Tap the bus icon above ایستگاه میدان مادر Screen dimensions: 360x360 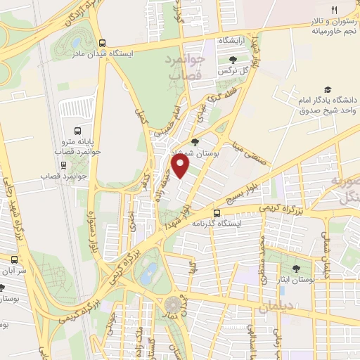[103, 41]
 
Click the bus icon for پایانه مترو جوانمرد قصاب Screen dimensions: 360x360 [77, 131]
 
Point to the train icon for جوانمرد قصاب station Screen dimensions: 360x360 [64, 165]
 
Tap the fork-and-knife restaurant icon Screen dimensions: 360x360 [335, 10]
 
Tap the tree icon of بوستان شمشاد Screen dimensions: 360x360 [195, 143]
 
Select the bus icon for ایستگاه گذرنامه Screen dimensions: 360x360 [216, 212]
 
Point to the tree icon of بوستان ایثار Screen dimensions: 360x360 [296, 269]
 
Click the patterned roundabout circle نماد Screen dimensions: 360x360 [172, 305]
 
